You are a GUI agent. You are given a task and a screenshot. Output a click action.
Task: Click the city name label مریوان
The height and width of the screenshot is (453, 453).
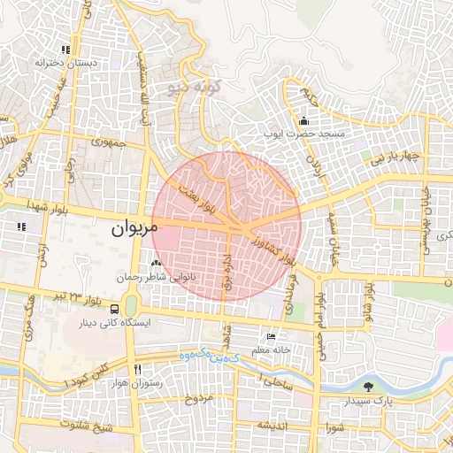(134, 227)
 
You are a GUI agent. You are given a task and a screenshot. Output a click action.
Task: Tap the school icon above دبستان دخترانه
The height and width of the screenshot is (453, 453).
(65, 50)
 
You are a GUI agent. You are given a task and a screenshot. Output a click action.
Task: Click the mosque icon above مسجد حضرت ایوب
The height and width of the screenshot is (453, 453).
(304, 121)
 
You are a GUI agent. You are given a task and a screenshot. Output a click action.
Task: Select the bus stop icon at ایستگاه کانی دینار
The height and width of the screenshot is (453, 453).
(132, 309)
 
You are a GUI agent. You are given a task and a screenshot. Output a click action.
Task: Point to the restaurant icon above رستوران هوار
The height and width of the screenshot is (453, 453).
(137, 369)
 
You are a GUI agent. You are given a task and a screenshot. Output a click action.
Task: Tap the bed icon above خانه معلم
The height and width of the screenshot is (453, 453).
(271, 337)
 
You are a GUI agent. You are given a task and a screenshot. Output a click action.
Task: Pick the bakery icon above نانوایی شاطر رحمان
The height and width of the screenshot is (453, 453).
(156, 263)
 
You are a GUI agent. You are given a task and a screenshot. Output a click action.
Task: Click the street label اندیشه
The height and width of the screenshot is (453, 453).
(271, 426)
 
